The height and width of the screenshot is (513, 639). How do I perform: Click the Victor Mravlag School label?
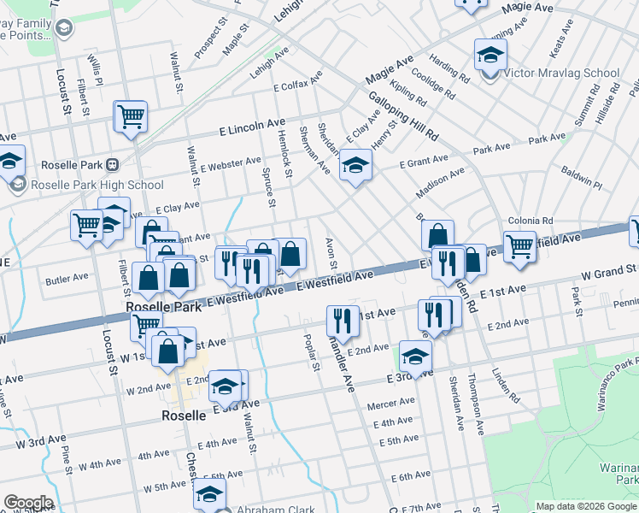click(x=561, y=74)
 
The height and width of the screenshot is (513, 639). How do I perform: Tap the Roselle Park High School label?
click(x=97, y=185)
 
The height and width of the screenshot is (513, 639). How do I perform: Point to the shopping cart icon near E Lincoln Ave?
click(x=131, y=115)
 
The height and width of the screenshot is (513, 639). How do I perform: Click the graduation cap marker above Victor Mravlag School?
click(x=490, y=56)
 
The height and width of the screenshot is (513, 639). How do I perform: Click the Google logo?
click(x=27, y=503)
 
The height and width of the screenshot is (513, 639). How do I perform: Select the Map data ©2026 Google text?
click(x=585, y=506)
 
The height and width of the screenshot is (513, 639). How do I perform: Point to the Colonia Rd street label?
click(x=531, y=220)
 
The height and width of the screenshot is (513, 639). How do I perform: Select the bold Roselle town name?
click(x=184, y=416)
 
